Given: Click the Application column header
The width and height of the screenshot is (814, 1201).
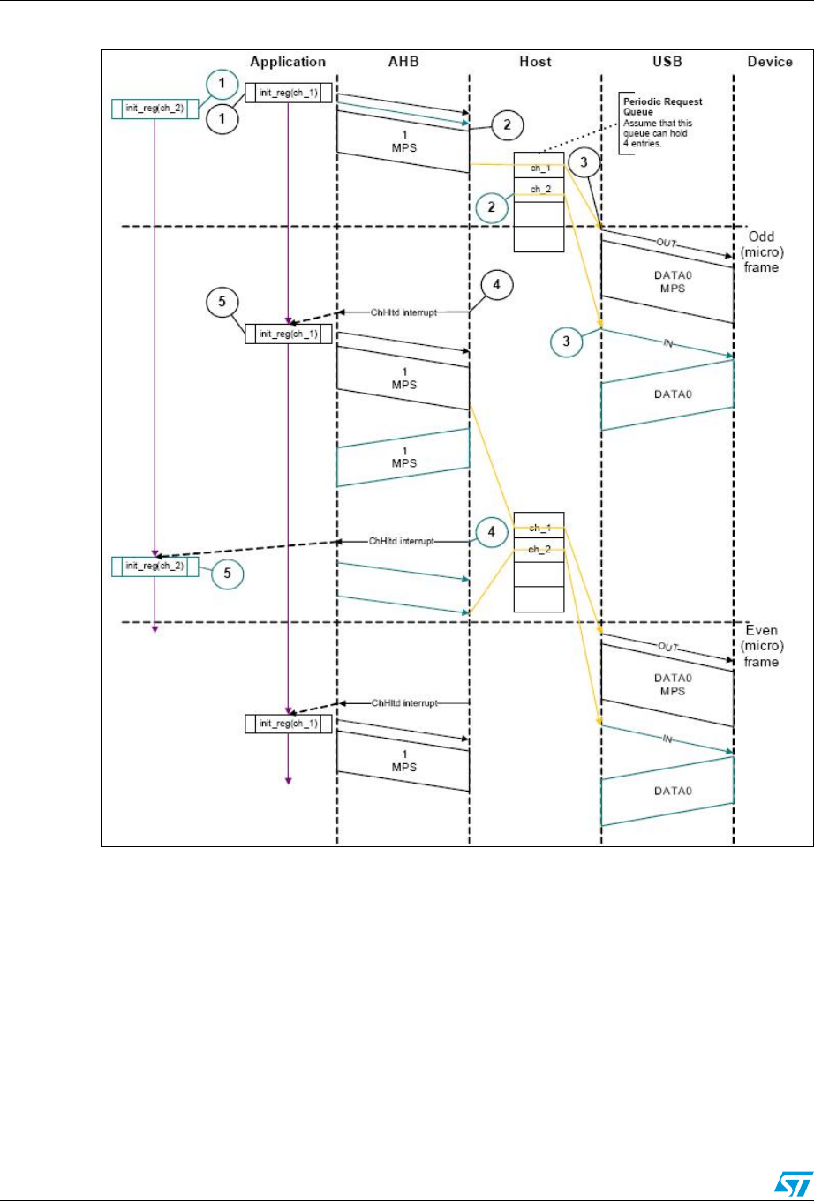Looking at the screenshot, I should point(288,62).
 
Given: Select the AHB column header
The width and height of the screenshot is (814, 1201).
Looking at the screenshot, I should point(402,62).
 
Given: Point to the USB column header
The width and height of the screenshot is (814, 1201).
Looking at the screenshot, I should point(667,62).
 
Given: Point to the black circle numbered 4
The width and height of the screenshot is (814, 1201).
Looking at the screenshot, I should point(497,287).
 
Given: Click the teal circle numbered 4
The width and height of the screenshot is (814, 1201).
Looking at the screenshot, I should point(491,532).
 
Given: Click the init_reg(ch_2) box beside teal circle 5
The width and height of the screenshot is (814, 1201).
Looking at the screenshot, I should point(155,565).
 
